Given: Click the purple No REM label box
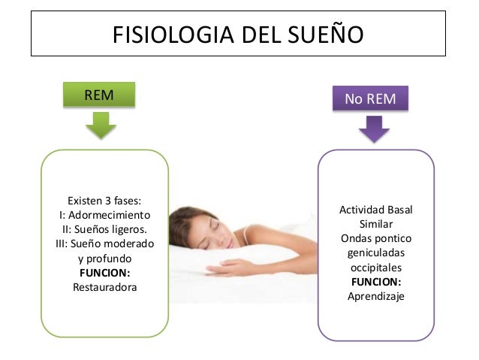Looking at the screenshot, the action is [x=371, y=98].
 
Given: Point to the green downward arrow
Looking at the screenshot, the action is [x=100, y=125].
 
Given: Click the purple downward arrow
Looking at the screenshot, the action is [x=373, y=129].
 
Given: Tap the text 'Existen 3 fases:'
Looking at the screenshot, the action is [x=104, y=201].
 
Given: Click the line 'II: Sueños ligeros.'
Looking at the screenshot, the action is [x=104, y=229].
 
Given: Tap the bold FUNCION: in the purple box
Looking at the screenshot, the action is [x=375, y=282].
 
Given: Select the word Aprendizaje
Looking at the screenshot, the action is [x=375, y=296].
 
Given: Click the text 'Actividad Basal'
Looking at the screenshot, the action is [x=375, y=209].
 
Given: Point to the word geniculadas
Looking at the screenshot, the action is [x=375, y=253].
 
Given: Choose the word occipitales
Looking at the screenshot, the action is [x=375, y=267].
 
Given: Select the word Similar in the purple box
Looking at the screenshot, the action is [x=375, y=224].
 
